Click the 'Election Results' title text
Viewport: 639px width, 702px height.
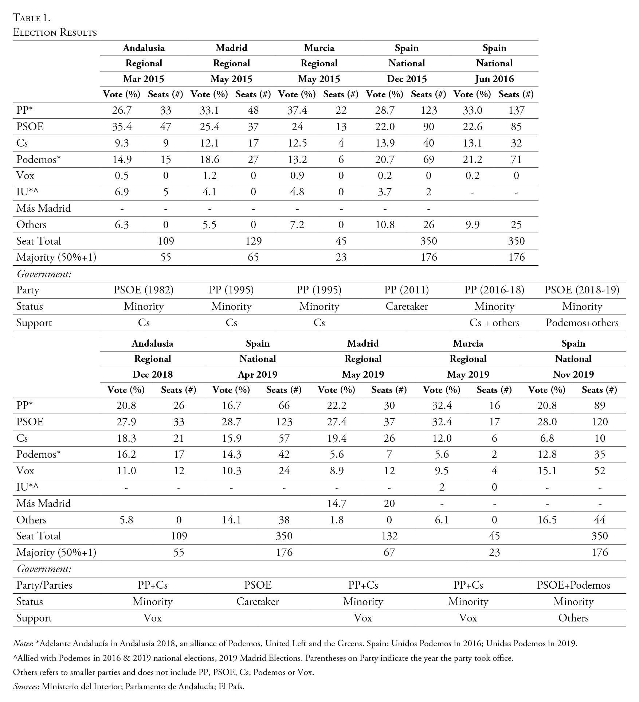click(55, 32)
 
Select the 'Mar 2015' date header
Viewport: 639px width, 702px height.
click(144, 79)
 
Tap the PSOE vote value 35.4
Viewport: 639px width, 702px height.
click(122, 126)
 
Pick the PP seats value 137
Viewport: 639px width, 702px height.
click(516, 110)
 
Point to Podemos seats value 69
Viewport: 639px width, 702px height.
click(428, 159)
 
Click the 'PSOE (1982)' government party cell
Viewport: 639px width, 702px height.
click(144, 290)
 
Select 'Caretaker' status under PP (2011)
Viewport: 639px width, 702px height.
click(407, 306)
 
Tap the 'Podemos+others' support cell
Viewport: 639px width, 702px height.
click(582, 323)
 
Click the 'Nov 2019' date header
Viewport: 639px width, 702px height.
click(573, 374)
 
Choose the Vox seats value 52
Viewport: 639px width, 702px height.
click(599, 471)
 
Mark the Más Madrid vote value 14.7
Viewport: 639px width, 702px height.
click(337, 503)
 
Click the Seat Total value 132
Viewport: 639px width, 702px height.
click(389, 536)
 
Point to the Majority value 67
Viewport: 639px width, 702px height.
click(389, 552)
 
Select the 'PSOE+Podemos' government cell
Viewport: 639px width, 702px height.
click(573, 585)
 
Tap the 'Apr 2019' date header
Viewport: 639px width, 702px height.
click(258, 374)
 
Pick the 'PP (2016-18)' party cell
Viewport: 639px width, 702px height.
click(494, 290)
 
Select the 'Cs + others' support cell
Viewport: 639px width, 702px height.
click(494, 323)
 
